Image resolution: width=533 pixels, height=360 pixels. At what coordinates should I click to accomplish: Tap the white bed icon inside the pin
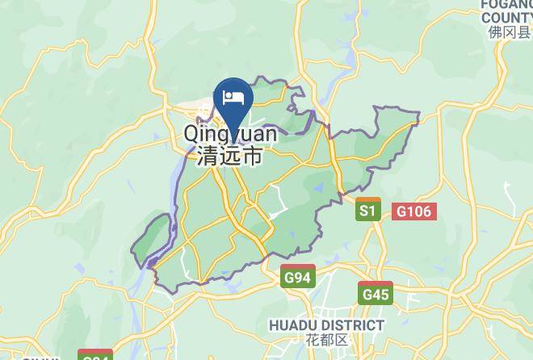233,98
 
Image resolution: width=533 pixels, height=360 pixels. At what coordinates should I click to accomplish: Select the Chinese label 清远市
229,156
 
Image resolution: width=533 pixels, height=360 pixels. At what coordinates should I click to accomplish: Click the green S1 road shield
368,210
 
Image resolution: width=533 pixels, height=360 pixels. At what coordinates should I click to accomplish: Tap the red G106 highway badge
415,211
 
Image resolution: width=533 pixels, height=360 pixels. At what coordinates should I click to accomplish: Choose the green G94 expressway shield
297,278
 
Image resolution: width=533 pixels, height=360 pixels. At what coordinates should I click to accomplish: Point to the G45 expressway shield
376,294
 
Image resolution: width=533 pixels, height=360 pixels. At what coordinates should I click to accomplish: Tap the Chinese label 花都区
326,340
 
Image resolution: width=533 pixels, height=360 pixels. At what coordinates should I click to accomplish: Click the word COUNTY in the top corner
506,17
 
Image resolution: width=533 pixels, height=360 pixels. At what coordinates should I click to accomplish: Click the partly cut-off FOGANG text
507,4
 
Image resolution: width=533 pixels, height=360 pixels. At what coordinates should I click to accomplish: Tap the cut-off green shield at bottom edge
95,355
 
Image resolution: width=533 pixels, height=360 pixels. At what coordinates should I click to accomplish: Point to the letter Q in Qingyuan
192,133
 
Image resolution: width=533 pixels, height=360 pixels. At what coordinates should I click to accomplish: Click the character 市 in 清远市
253,156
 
